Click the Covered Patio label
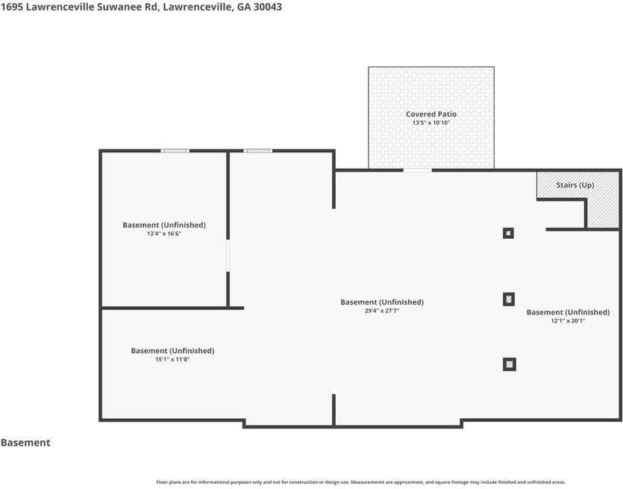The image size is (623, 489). click(x=431, y=114)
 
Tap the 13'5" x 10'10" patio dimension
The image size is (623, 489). click(x=431, y=123)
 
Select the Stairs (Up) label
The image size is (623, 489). click(x=575, y=185)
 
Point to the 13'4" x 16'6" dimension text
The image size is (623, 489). click(x=164, y=234)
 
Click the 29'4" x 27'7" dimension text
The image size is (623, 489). click(x=382, y=311)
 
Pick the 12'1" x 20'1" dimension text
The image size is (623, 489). click(x=568, y=321)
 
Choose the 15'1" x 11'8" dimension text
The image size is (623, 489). click(x=172, y=359)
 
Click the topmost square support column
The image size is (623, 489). click(x=508, y=233)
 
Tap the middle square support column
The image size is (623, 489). click(x=509, y=299)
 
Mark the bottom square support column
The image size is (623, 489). click(x=510, y=364)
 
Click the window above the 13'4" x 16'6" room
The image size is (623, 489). click(x=175, y=151)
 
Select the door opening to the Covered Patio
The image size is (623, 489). click(x=418, y=170)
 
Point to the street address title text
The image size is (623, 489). click(x=142, y=7)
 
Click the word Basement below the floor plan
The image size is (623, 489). click(x=25, y=443)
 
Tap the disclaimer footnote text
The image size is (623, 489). click(x=361, y=482)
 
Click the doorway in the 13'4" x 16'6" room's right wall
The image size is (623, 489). click(x=228, y=255)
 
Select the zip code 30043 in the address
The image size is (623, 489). click(x=268, y=7)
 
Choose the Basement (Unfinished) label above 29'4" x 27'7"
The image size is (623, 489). click(x=382, y=302)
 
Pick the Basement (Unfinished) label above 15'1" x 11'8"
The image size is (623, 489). click(x=172, y=351)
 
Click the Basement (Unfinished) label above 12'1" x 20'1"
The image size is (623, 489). click(x=569, y=312)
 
